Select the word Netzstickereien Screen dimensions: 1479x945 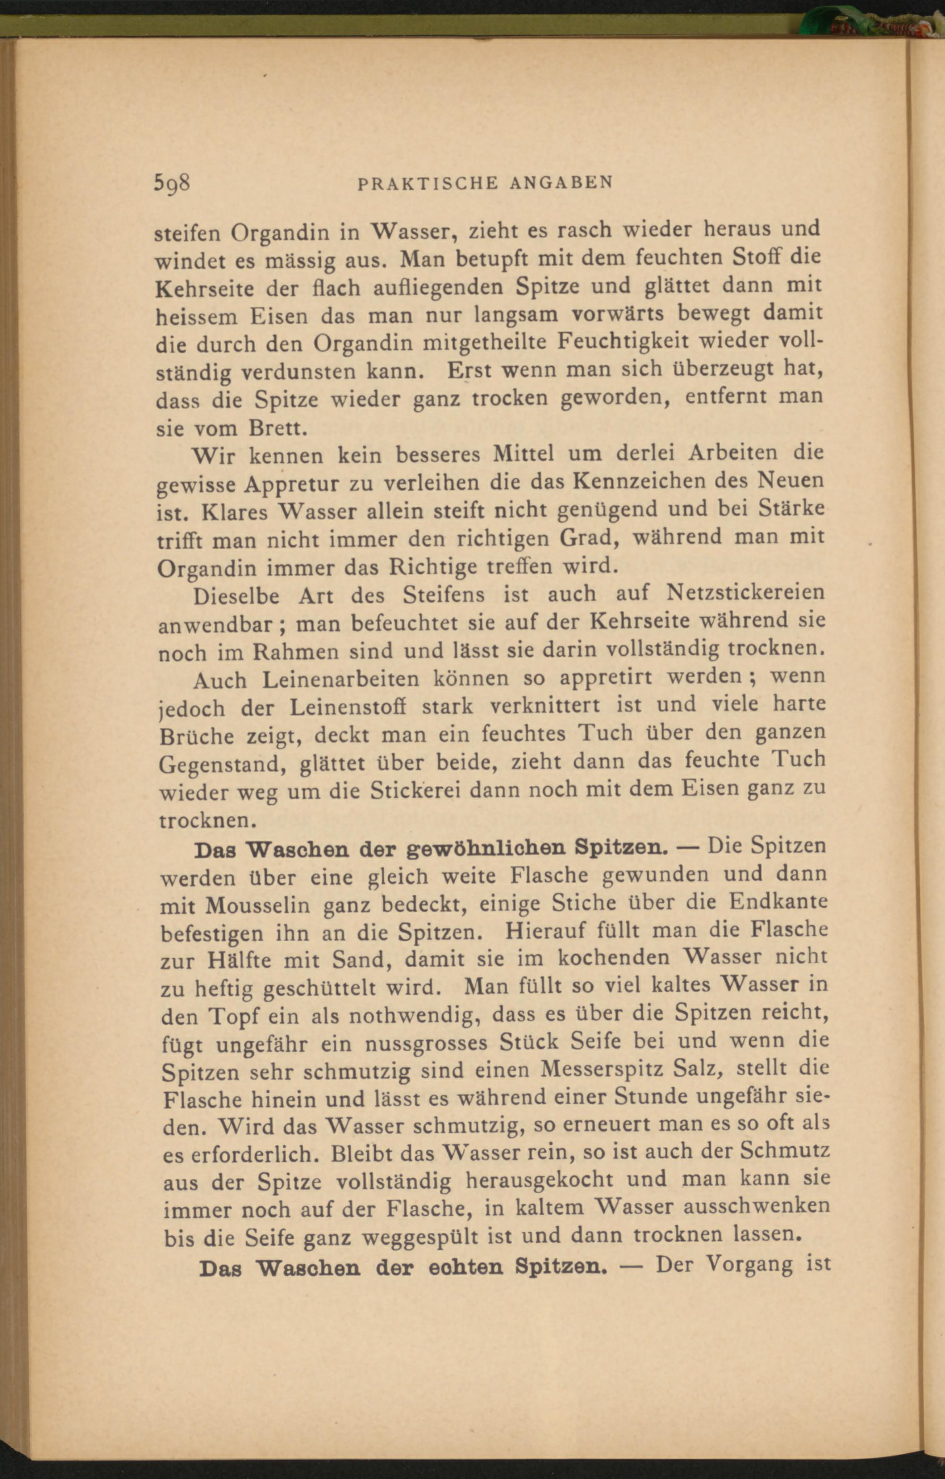(746, 593)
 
